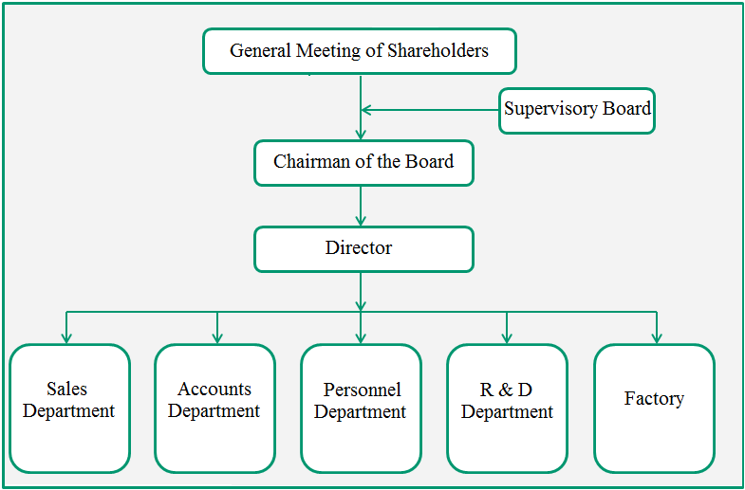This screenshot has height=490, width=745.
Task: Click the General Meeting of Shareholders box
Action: (x=360, y=51)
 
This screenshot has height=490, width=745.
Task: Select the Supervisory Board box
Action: (x=577, y=111)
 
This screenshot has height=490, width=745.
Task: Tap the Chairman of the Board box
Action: (x=363, y=163)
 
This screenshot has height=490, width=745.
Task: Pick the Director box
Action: (x=363, y=249)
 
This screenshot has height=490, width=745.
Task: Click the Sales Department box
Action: (x=69, y=408)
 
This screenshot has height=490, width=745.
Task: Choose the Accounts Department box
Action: (x=214, y=408)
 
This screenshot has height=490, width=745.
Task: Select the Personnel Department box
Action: (x=361, y=408)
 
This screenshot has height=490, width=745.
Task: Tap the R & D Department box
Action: (x=507, y=408)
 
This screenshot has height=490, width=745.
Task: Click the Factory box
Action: (x=654, y=408)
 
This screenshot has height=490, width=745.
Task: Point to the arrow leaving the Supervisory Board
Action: (x=430, y=110)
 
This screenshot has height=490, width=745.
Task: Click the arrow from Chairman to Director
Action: (x=361, y=206)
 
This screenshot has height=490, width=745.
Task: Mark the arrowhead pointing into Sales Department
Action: (x=66, y=337)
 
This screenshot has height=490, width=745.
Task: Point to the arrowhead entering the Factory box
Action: (x=657, y=337)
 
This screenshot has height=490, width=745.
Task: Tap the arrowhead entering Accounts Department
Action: (x=217, y=337)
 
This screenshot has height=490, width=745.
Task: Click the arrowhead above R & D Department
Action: (x=507, y=337)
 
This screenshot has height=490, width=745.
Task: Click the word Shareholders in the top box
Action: (x=438, y=50)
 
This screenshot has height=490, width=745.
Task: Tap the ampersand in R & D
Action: (x=505, y=390)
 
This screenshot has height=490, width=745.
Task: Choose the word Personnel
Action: (x=362, y=390)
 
